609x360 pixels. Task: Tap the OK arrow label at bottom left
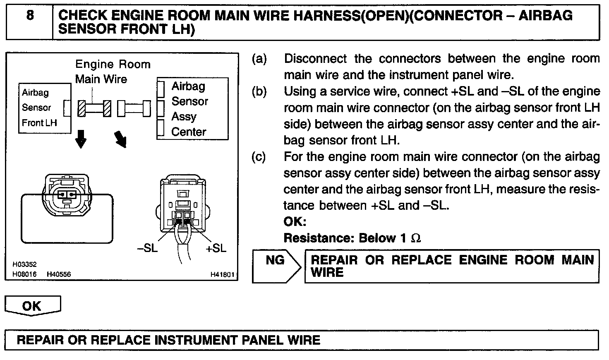tap(32, 306)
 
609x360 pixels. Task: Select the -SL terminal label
tap(147, 248)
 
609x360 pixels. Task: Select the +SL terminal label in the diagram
tap(216, 248)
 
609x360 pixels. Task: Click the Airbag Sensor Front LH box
tap(45, 108)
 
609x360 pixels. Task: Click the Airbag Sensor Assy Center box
tap(193, 109)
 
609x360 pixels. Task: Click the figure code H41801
tap(223, 274)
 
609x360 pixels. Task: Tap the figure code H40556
tap(59, 274)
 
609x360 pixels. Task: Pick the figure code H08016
tap(24, 274)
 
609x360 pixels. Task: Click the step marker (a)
tap(259, 59)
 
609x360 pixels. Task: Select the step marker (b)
tap(259, 91)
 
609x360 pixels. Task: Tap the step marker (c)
tap(259, 157)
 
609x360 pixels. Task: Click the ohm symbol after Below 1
tap(416, 238)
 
